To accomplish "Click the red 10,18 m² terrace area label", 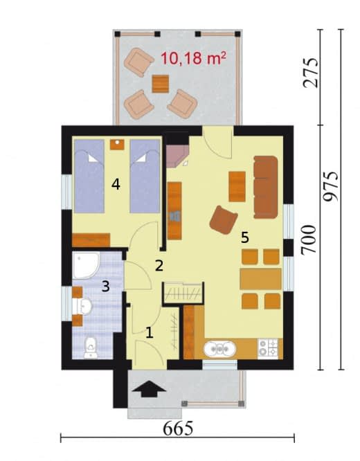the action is [193, 58].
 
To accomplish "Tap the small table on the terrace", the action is [161, 84].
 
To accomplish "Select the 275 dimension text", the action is [311, 73].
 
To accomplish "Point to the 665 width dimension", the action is [178, 428].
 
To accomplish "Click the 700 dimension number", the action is [309, 239].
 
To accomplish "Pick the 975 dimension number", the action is [331, 186].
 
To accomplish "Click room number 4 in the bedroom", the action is [116, 185].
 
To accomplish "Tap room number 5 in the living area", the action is [245, 237].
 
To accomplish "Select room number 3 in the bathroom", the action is [106, 286].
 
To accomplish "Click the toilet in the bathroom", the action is [91, 347].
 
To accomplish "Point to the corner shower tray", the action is [86, 265].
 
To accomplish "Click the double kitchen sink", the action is [219, 348].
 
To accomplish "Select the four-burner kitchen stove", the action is [268, 348].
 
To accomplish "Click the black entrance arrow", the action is [149, 389].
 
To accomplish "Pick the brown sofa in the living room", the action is [266, 188].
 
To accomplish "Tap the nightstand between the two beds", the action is [117, 145].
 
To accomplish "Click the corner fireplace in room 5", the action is [177, 156].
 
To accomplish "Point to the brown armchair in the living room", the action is [224, 220].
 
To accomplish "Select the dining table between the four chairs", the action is [260, 279].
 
